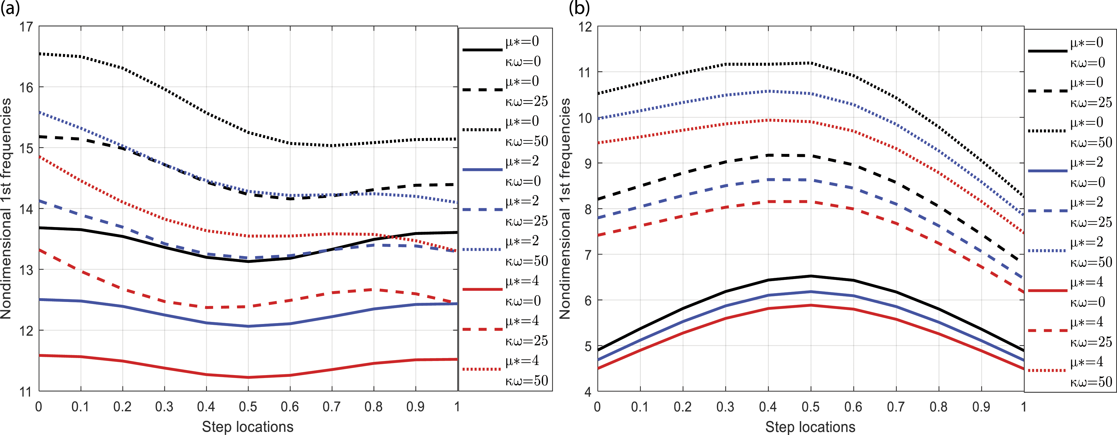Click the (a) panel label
[10, 8]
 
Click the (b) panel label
[579, 8]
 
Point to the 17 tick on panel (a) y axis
[26, 27]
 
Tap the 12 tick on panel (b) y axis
[585, 27]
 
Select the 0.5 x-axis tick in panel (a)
[248, 407]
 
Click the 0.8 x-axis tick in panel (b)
[938, 407]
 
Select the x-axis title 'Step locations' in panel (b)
[810, 427]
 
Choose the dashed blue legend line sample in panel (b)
[1047, 211]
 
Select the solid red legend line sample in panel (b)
[1047, 290]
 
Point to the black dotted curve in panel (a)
[248, 132]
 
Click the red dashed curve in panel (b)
[810, 202]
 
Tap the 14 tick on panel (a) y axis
[26, 209]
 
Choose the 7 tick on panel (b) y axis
[588, 254]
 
